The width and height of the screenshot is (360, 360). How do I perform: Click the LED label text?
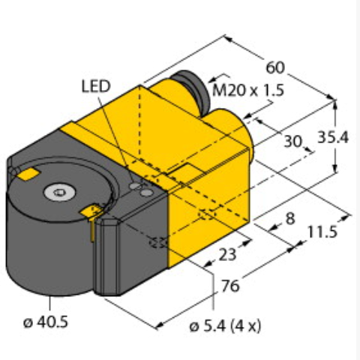coord(96,86)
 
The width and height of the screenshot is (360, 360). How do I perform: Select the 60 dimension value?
coord(275,67)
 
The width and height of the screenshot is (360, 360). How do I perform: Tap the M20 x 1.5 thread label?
coord(248,90)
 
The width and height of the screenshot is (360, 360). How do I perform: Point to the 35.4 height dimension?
coord(333,137)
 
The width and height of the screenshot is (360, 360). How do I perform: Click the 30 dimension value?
coord(293,141)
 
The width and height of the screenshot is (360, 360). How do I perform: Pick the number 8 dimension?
coord(290,219)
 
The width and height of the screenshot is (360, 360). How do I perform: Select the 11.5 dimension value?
coord(322,232)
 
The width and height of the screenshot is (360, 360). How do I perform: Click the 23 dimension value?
coord(227,255)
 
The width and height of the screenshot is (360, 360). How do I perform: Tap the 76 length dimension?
coord(230,286)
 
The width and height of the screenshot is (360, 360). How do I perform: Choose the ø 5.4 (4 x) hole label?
coord(225,326)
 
